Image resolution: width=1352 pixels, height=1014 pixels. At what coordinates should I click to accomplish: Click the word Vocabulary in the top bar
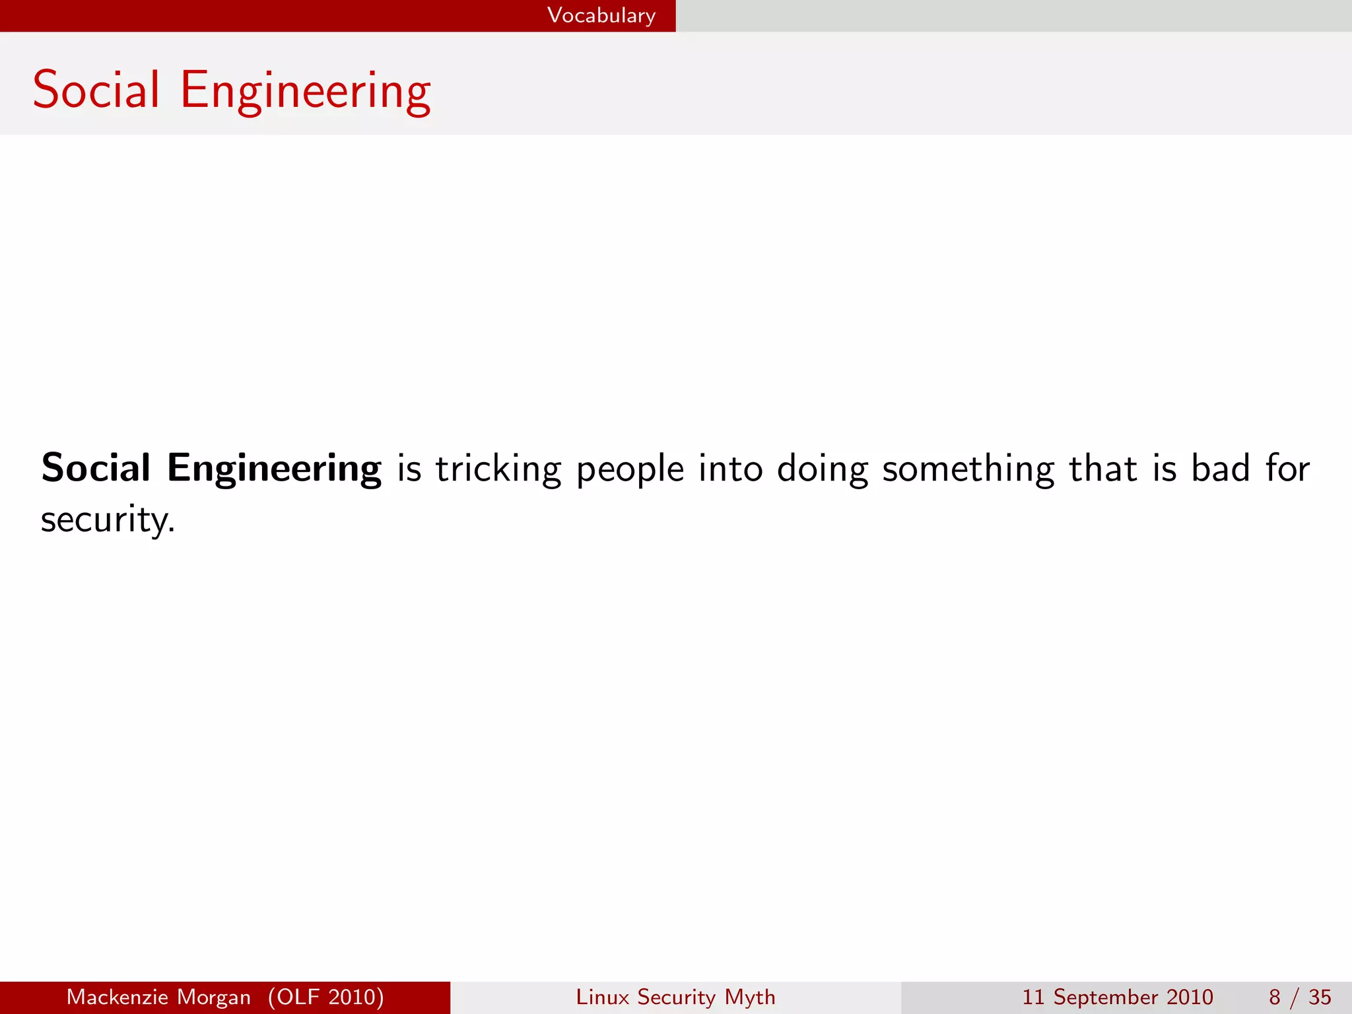tap(601, 15)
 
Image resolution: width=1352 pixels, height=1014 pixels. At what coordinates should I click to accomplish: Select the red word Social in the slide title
tap(96, 90)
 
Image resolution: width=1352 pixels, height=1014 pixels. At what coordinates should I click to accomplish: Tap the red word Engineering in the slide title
tap(305, 92)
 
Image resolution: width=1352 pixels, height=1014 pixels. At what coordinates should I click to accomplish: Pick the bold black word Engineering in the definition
tap(274, 470)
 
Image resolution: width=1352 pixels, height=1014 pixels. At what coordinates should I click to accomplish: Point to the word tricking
tap(498, 470)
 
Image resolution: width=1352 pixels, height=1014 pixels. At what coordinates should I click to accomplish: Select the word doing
tap(822, 470)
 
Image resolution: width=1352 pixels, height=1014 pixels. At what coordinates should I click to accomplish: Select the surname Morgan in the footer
tap(219, 997)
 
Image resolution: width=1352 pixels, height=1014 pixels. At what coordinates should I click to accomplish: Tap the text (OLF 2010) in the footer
tap(326, 997)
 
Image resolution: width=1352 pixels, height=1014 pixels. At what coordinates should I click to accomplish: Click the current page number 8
tap(1274, 997)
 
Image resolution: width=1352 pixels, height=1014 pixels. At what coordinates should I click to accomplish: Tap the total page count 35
tap(1320, 997)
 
